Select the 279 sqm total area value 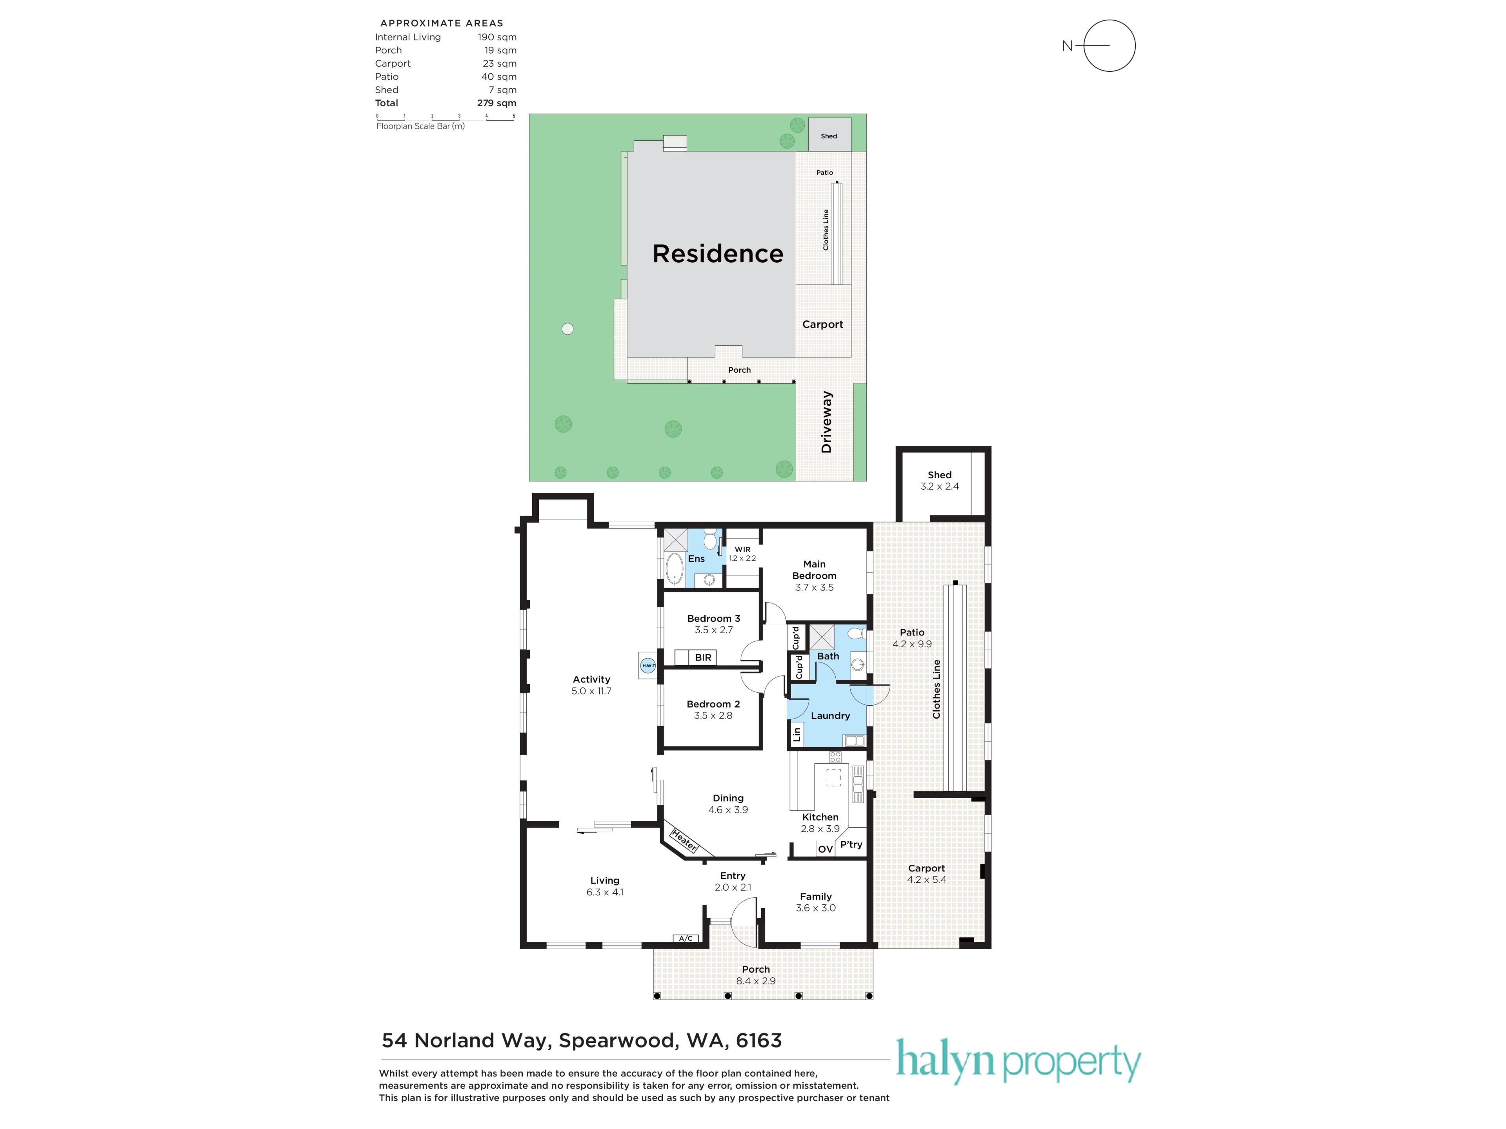[497, 103]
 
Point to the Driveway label [826, 422]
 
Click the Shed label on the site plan [829, 136]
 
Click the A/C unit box [686, 938]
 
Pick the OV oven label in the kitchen [825, 849]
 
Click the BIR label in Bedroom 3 [703, 657]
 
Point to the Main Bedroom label [814, 570]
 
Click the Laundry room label [830, 715]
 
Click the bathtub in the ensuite [674, 569]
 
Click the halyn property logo [1018, 1062]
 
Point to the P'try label [851, 844]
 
